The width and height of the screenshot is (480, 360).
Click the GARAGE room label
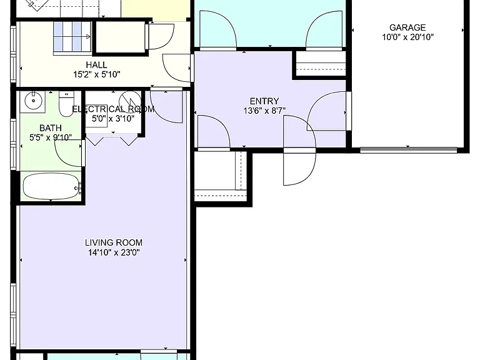click(x=407, y=27)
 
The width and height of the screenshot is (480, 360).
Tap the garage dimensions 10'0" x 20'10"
click(x=407, y=37)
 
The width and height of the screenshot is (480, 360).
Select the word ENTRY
click(x=264, y=101)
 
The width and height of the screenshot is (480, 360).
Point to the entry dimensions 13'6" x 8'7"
click(x=264, y=111)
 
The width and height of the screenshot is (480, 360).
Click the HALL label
click(x=96, y=65)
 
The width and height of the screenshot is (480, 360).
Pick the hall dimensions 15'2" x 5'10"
click(x=97, y=74)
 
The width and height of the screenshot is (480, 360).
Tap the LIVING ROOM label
click(x=114, y=242)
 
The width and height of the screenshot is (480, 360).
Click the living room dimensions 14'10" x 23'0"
click(x=114, y=252)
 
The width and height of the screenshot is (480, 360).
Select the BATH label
click(x=51, y=128)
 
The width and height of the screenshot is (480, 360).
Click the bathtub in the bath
click(x=51, y=186)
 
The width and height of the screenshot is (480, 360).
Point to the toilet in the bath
click(x=66, y=104)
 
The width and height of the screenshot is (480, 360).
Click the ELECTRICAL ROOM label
click(x=113, y=109)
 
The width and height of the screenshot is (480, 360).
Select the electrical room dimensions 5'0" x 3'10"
click(x=113, y=119)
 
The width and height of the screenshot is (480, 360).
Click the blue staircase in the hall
click(x=72, y=37)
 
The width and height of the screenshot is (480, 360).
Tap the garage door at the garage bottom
click(x=408, y=150)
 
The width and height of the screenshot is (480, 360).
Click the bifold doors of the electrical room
click(x=112, y=141)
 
